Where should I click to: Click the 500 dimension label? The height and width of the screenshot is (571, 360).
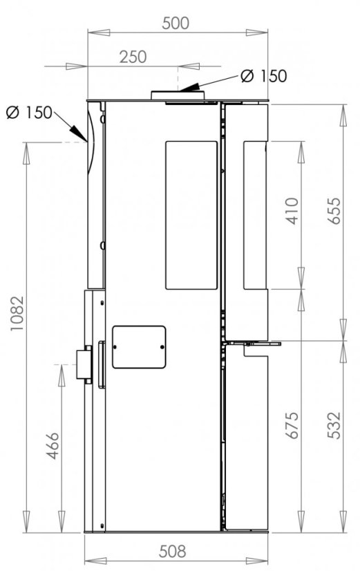176,24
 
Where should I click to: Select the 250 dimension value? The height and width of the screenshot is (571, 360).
133,57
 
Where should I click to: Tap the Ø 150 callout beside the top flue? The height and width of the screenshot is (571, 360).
264,76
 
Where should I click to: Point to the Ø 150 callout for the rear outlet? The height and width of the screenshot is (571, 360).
29,113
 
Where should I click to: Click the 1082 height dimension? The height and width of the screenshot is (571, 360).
17,314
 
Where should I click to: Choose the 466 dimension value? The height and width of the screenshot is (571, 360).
53,446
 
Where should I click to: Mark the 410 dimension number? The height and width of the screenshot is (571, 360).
292,211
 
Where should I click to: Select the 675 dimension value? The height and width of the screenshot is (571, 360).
292,425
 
